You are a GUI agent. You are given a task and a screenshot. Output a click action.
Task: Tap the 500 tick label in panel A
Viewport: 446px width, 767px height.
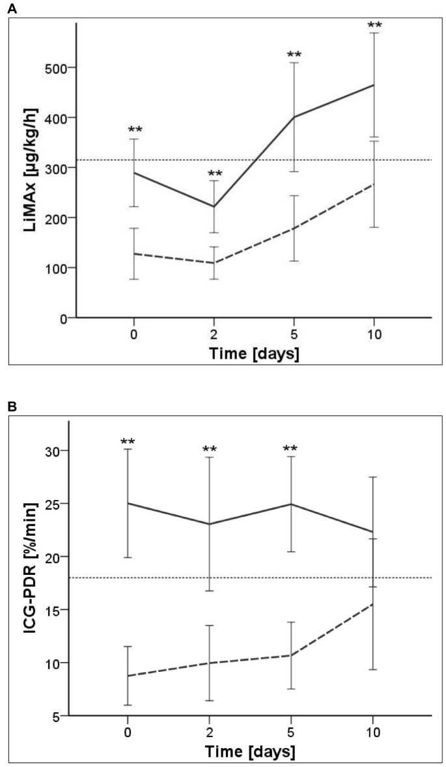(58, 68)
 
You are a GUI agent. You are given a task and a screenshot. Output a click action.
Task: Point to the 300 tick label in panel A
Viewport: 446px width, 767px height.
(58, 168)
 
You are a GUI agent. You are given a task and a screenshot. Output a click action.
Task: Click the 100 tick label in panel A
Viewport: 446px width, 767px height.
(58, 268)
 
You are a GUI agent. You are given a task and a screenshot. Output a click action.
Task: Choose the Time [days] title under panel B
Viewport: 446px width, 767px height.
(251, 751)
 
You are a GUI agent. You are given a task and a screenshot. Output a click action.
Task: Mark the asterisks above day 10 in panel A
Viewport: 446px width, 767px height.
(374, 26)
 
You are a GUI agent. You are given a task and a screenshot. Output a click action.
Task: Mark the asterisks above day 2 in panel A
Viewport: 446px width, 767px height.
(214, 174)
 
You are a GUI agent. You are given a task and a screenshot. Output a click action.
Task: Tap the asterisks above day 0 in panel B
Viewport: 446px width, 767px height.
(128, 442)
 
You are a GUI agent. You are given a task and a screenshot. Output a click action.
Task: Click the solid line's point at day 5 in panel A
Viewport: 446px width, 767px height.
(294, 117)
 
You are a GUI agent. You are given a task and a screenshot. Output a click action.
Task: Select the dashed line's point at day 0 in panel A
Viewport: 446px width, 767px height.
(134, 253)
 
